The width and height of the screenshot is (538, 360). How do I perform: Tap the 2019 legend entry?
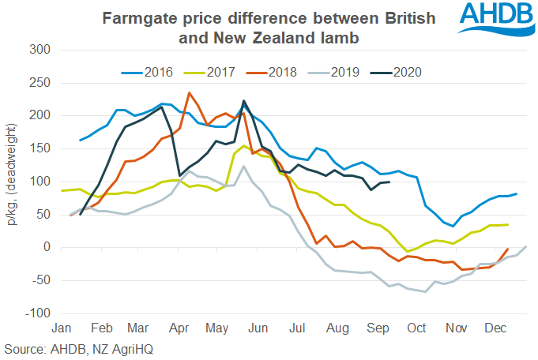tap(344, 72)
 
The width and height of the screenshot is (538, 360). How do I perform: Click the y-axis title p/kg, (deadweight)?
tap(13, 182)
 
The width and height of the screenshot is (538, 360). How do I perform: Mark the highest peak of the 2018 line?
tap(189, 92)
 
